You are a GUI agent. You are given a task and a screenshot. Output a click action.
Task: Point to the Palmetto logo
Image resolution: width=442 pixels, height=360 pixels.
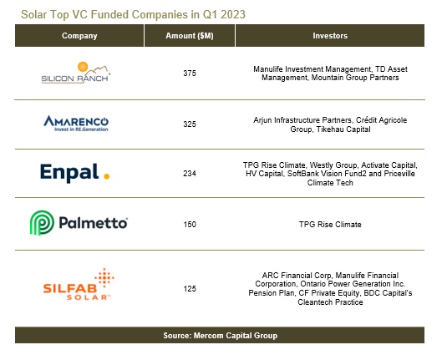pos(79,223)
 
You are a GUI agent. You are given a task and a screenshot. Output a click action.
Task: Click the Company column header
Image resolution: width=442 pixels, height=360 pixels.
pos(79,36)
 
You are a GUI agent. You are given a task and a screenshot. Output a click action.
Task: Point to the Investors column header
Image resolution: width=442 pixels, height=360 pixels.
pos(329,36)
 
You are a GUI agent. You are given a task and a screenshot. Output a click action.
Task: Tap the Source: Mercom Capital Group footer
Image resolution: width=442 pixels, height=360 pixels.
pos(221,336)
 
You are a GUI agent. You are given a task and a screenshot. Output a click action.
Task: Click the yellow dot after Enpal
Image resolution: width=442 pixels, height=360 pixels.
pos(106,176)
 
